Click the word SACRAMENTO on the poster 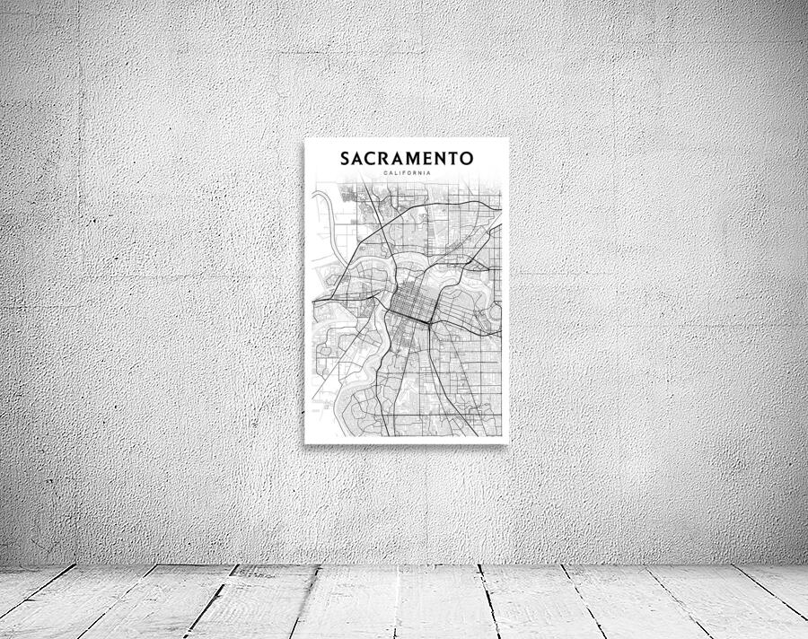pyautogui.click(x=407, y=159)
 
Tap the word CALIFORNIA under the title pyautogui.click(x=407, y=172)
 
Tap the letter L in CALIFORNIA pyautogui.click(x=396, y=172)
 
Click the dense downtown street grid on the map pyautogui.click(x=411, y=309)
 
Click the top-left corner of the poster pyautogui.click(x=305, y=138)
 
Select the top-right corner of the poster pyautogui.click(x=508, y=138)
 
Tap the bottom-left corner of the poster pyautogui.click(x=305, y=442)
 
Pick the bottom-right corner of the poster pyautogui.click(x=508, y=442)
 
